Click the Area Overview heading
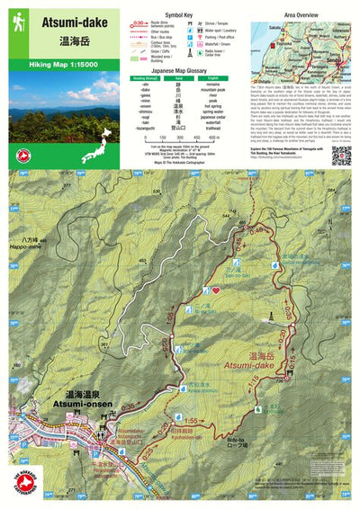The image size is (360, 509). click(301, 14)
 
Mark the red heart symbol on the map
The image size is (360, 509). click(215, 290)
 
